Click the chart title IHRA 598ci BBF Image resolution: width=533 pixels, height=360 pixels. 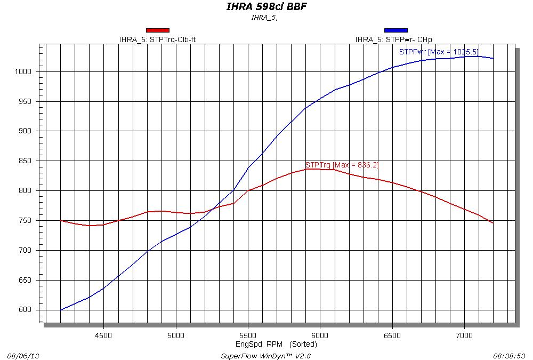pos(266,7)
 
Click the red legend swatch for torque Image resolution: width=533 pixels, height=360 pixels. pos(158,30)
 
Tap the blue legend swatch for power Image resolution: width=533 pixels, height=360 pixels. pos(395,30)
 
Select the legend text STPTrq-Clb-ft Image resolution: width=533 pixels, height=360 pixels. pos(160,39)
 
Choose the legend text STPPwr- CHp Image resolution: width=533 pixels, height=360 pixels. pos(393,39)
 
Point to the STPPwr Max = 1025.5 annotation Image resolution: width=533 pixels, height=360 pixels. pos(439,52)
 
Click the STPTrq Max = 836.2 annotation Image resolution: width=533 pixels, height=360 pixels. pos(342,165)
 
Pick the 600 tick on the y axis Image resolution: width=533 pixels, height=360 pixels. pos(26,310)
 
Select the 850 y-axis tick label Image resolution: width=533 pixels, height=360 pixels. pos(26,161)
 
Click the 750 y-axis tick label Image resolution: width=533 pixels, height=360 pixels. pos(26,221)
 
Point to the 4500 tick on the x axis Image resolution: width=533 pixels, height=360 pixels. pos(103,335)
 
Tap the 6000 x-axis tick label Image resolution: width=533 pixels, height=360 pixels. pos(320,335)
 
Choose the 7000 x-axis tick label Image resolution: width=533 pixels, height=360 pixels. pos(464,335)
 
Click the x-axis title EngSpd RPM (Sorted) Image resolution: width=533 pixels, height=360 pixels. pos(276,344)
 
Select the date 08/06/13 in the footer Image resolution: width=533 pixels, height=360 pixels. pos(20,355)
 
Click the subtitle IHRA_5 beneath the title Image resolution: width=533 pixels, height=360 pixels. pos(265,17)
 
